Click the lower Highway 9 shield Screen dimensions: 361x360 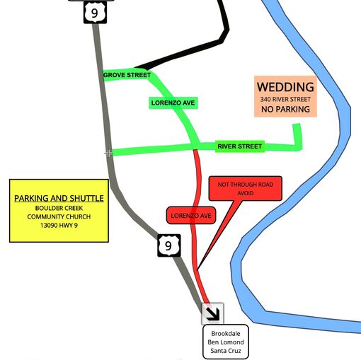coord(169,245)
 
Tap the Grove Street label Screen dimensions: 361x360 coord(127,75)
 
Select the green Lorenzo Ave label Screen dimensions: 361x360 coord(173,103)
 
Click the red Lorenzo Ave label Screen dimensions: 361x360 coord(191,216)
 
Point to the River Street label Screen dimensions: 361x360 coord(240,146)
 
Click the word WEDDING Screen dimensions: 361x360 coord(285,87)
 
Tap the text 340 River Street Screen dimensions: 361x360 coord(285,100)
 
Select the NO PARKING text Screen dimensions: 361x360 coord(285,109)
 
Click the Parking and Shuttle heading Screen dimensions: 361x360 coord(59,198)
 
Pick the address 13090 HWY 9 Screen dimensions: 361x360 coord(59,226)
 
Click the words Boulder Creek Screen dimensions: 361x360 coord(59,208)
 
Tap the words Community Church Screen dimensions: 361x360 coord(59,216)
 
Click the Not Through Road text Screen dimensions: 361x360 coord(246,185)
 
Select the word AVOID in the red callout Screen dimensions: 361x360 coord(246,193)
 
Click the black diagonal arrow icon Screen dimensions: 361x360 coord(212,314)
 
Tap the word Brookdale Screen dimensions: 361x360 coord(226,334)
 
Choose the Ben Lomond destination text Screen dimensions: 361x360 coord(226,342)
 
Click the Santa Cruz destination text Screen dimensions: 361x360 coord(226,351)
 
